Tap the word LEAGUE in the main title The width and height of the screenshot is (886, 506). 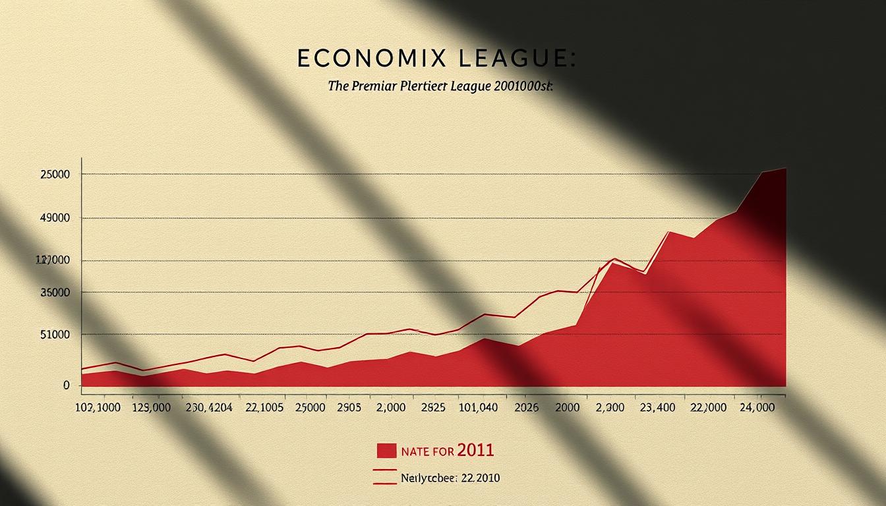[518, 58]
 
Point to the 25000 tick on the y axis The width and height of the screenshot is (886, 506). [55, 175]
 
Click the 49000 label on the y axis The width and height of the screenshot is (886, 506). [55, 218]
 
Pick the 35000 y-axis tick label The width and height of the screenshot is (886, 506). [55, 293]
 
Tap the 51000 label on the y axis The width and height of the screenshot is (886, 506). [55, 335]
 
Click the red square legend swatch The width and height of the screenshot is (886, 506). [386, 451]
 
